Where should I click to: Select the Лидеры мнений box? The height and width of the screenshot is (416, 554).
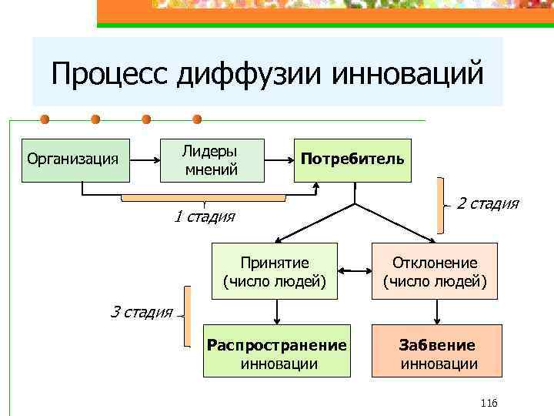(x=212, y=160)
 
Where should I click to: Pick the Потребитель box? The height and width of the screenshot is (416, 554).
(x=352, y=160)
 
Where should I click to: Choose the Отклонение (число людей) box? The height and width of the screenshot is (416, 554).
(x=436, y=271)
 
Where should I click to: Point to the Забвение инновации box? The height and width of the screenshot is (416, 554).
(x=437, y=352)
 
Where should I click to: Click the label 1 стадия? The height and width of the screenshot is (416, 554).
(x=203, y=216)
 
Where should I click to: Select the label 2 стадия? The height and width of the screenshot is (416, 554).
(x=488, y=204)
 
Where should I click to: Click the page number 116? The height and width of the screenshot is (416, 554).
(x=489, y=403)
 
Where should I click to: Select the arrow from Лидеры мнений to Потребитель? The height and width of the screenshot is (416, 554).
(x=279, y=160)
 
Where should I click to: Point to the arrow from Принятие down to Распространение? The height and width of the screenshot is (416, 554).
(x=275, y=312)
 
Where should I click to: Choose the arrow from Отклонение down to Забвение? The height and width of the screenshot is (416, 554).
(x=437, y=312)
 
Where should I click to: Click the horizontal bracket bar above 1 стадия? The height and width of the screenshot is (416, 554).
(x=203, y=198)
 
